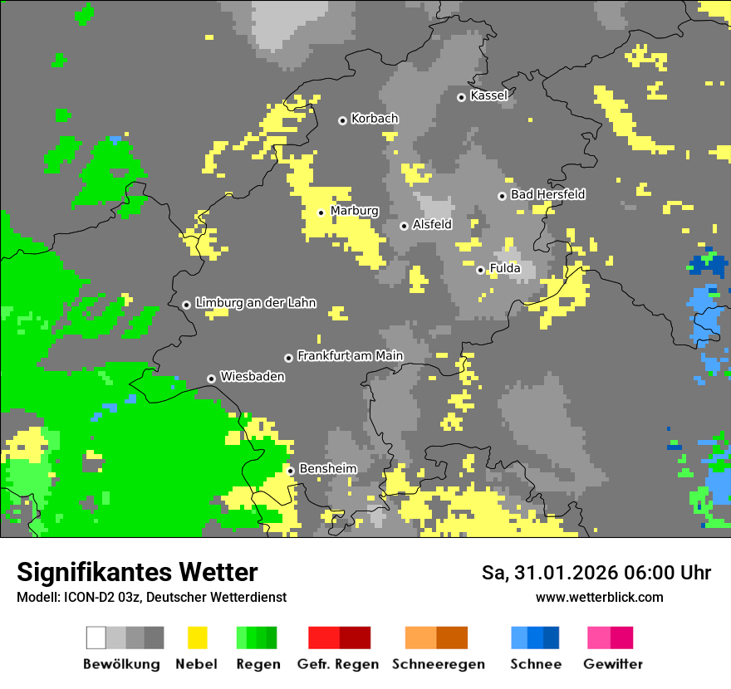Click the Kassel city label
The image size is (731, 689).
(488, 95)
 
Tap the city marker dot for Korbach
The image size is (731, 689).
(342, 120)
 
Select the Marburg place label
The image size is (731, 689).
(354, 211)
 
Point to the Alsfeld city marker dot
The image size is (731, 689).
(404, 226)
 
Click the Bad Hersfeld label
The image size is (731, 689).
(547, 194)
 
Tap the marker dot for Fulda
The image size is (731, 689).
(480, 270)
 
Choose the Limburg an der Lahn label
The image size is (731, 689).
(255, 304)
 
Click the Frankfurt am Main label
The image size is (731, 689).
(350, 356)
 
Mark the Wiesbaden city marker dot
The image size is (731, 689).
(212, 379)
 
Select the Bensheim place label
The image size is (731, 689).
(327, 469)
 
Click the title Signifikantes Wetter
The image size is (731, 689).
(137, 572)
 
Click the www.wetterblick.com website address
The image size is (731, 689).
(599, 597)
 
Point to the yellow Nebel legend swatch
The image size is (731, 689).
(197, 638)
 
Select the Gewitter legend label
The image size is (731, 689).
(612, 664)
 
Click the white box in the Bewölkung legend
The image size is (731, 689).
(96, 638)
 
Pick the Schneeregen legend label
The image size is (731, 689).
(438, 664)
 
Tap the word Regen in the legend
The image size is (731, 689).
(257, 664)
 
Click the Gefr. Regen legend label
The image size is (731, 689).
(338, 664)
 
